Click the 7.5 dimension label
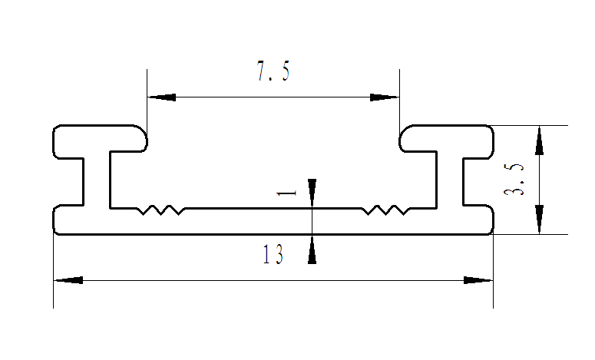click(x=273, y=71)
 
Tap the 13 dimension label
click(x=273, y=254)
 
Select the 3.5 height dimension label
click(x=514, y=179)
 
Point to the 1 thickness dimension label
click(x=287, y=193)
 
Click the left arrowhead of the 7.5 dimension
click(x=162, y=97)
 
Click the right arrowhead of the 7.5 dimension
click(x=385, y=97)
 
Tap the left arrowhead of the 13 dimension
click(x=68, y=280)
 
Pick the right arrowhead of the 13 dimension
click(x=478, y=280)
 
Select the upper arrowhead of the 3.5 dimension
click(x=539, y=140)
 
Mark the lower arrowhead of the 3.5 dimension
click(x=539, y=220)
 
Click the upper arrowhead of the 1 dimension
click(x=312, y=193)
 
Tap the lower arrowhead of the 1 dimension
click(x=312, y=249)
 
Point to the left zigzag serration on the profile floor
click(x=160, y=210)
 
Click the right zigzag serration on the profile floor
click(x=385, y=210)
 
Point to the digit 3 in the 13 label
click(x=279, y=254)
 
